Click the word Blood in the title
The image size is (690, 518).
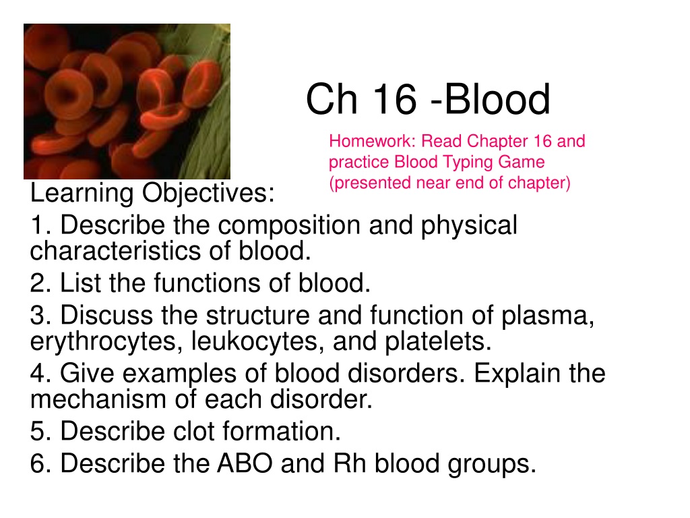pos(497,98)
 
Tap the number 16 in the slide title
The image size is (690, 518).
pos(395,98)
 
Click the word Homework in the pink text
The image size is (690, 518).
pos(372,141)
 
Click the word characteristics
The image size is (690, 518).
pos(115,251)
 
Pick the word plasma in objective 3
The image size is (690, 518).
pos(548,316)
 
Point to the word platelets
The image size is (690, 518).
pos(438,342)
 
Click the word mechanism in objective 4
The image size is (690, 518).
pos(98,399)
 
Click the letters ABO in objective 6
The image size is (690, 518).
pos(244,463)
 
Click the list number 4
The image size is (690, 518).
pos(38,374)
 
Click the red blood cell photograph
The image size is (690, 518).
pos(127,101)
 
